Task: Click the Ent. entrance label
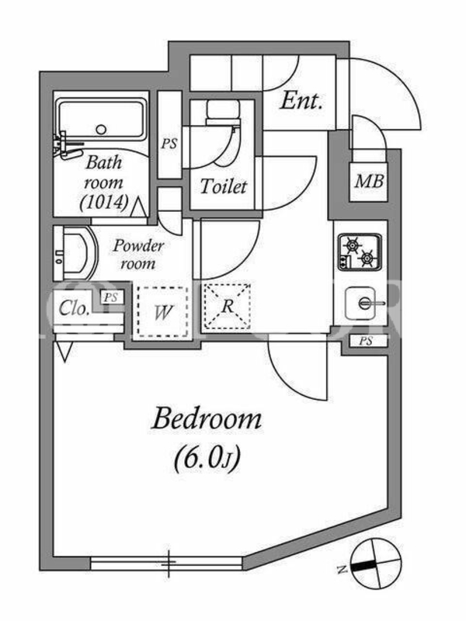(301, 101)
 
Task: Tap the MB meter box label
(369, 182)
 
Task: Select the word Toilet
(224, 186)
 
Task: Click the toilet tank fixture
(223, 112)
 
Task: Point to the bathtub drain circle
(102, 129)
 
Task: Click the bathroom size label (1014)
(104, 203)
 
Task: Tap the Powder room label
(138, 255)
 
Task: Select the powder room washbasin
(75, 254)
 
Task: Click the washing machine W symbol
(163, 312)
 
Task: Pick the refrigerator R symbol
(227, 306)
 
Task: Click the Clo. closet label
(73, 308)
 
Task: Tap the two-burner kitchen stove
(360, 252)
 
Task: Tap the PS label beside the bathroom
(169, 144)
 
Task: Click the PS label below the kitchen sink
(366, 341)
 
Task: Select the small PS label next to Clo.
(111, 297)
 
